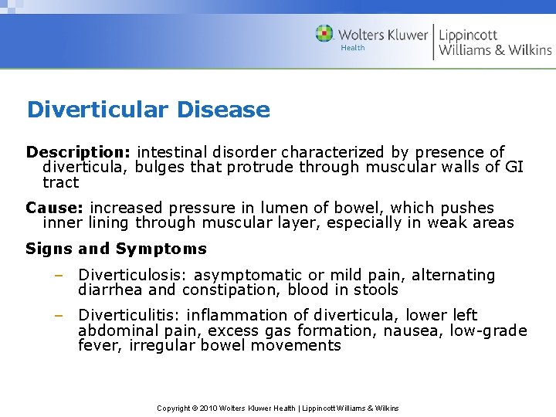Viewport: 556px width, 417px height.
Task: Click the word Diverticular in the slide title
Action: tap(97, 110)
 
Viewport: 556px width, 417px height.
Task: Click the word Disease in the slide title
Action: tap(223, 110)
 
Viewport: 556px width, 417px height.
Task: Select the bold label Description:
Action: tap(69, 152)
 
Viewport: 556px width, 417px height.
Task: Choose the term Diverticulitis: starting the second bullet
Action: tap(130, 315)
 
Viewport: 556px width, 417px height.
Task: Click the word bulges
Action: tap(161, 167)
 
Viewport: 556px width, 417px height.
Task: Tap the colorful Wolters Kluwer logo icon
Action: tap(324, 34)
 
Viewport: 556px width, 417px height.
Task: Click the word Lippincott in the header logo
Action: tap(468, 35)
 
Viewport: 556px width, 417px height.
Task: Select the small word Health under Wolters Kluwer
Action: tap(353, 48)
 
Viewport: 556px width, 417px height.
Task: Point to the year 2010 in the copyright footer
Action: tap(208, 408)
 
